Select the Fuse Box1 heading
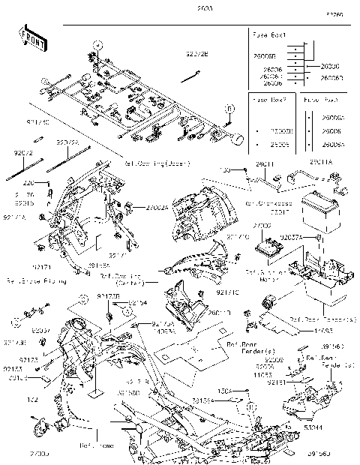coord(268,36)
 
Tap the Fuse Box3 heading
coord(320,98)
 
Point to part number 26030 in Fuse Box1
coord(330,65)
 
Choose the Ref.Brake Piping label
coord(36,282)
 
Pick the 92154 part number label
coord(138,302)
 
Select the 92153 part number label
coord(13,370)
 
